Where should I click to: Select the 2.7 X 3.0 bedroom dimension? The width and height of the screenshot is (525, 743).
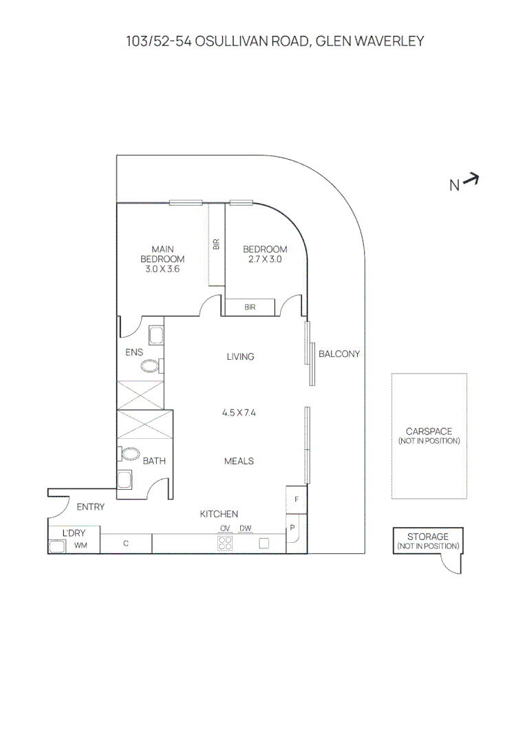coord(265,260)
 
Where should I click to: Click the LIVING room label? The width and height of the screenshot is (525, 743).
coord(240,356)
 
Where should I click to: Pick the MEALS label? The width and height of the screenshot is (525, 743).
coord(239,461)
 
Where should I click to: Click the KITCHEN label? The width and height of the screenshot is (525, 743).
coord(219,514)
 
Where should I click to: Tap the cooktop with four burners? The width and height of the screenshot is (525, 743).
coord(225,543)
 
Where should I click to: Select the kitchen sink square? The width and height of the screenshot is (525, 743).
coord(264,543)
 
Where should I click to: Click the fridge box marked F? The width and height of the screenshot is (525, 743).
coord(296,499)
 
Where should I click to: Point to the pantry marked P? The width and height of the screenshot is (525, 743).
coord(292,528)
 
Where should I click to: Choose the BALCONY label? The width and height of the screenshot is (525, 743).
coord(339,354)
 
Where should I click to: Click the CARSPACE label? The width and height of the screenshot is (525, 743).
coord(429,431)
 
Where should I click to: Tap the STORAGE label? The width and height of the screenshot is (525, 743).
coord(427,537)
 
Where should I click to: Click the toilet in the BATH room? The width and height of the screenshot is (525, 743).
coord(130,455)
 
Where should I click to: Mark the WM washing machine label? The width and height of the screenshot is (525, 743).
coord(81,546)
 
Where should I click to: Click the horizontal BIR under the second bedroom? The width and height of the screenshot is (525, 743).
coord(250,307)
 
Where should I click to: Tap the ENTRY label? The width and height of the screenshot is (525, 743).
coord(90,507)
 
